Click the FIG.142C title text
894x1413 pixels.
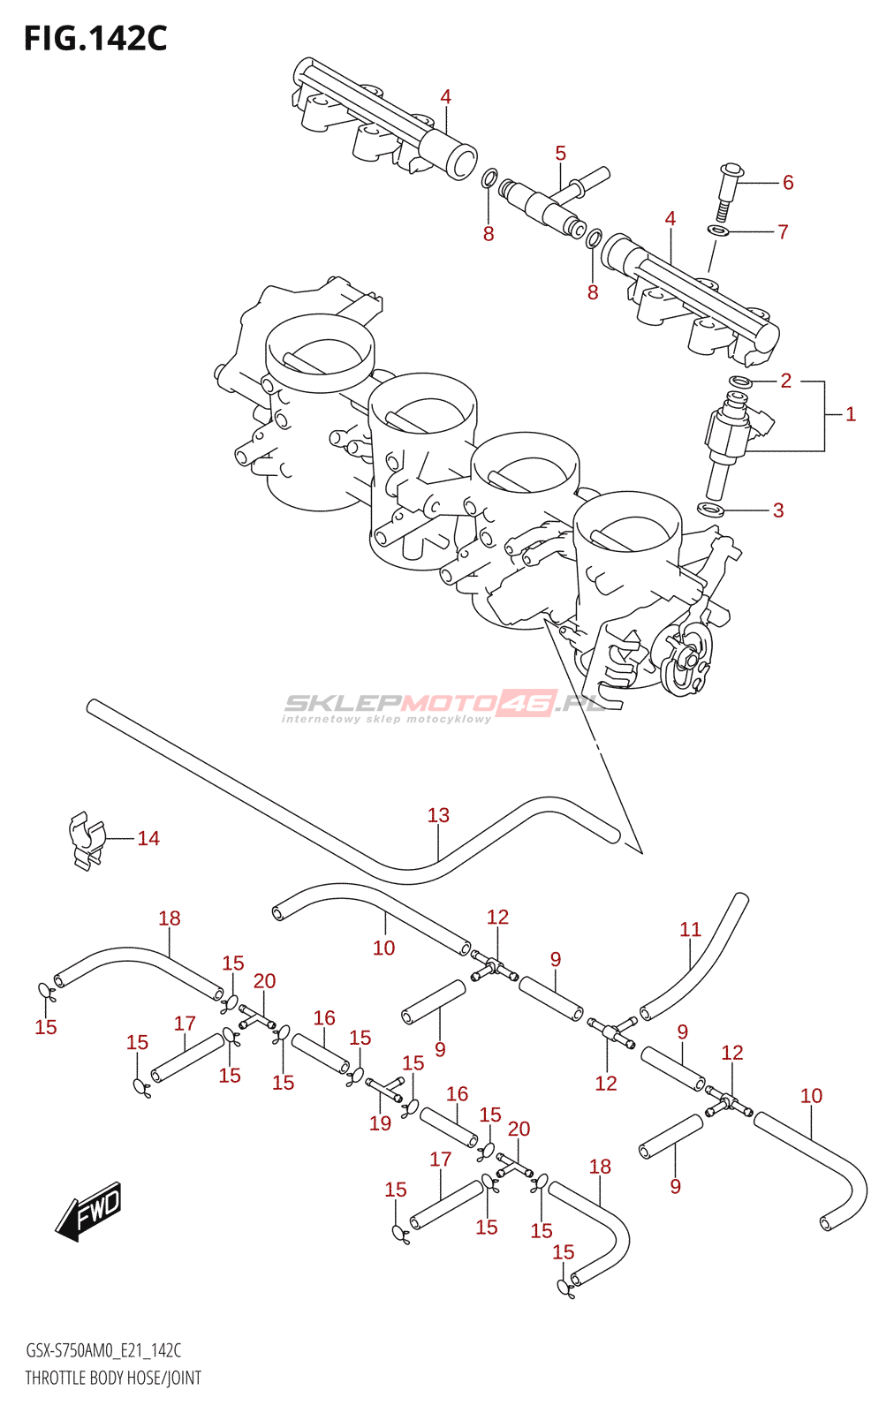(x=95, y=39)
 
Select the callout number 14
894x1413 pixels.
(x=148, y=838)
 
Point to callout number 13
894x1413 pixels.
(x=438, y=815)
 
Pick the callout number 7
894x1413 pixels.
(x=783, y=231)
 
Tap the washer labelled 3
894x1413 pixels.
(x=710, y=510)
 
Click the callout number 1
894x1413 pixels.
(x=851, y=413)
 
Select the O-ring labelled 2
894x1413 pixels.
(x=740, y=382)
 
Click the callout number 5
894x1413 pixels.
(x=560, y=154)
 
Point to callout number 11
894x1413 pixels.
(x=690, y=929)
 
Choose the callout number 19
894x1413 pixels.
(x=380, y=1122)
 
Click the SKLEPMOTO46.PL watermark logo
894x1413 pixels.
(x=442, y=706)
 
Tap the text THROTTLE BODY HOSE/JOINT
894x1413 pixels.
(x=113, y=1378)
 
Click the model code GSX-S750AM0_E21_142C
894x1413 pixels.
(x=103, y=1350)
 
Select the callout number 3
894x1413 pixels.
(x=778, y=510)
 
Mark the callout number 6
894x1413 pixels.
(x=788, y=182)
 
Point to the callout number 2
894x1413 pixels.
(x=785, y=381)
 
